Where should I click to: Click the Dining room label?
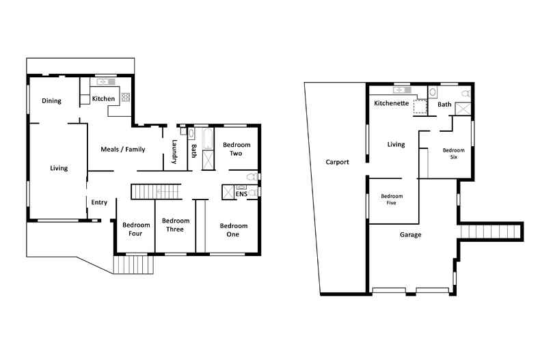[51, 101]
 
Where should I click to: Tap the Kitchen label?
[103, 99]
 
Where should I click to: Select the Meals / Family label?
[122, 149]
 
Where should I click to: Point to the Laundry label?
[175, 152]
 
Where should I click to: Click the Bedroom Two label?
[237, 149]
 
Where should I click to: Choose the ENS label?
[241, 195]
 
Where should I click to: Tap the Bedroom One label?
[234, 230]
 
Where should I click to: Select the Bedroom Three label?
[176, 225]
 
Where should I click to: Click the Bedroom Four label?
[135, 230]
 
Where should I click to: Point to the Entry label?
[99, 202]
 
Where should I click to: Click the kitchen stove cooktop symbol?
[126, 98]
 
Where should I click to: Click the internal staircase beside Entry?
[155, 191]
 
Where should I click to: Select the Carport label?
[337, 163]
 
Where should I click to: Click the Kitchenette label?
[391, 104]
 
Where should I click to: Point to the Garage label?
[410, 235]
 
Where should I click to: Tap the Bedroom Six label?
[454, 154]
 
